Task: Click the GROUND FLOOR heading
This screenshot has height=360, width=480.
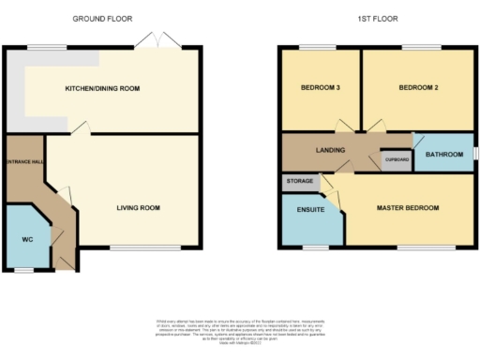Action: pyautogui.click(x=103, y=18)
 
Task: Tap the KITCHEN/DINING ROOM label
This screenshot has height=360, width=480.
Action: pyautogui.click(x=102, y=88)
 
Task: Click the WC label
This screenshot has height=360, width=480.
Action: pyautogui.click(x=28, y=239)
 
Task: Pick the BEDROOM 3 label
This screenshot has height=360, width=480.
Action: pyautogui.click(x=319, y=88)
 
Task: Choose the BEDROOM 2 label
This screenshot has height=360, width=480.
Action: pyautogui.click(x=417, y=88)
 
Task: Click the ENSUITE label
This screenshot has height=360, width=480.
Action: pyautogui.click(x=310, y=210)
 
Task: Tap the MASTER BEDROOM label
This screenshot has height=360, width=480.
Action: pyautogui.click(x=407, y=207)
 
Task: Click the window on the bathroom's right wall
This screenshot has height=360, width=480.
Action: pyautogui.click(x=475, y=153)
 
